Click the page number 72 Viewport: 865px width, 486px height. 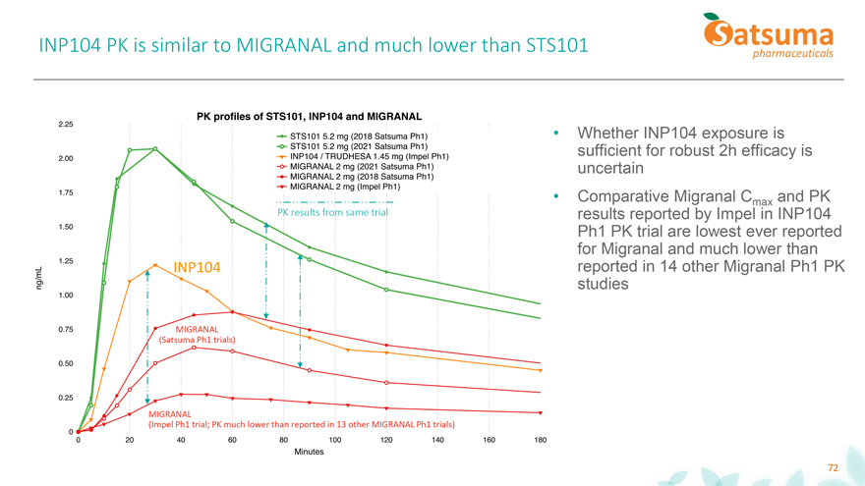833,468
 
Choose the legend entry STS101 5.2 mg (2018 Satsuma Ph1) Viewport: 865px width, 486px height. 354,135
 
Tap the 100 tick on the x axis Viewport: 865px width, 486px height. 335,441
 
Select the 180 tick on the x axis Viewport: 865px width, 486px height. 540,441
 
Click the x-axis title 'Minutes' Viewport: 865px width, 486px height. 309,453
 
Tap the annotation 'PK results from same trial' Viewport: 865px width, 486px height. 332,212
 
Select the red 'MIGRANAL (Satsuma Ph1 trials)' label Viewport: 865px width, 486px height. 197,334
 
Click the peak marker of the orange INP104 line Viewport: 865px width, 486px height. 155,265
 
